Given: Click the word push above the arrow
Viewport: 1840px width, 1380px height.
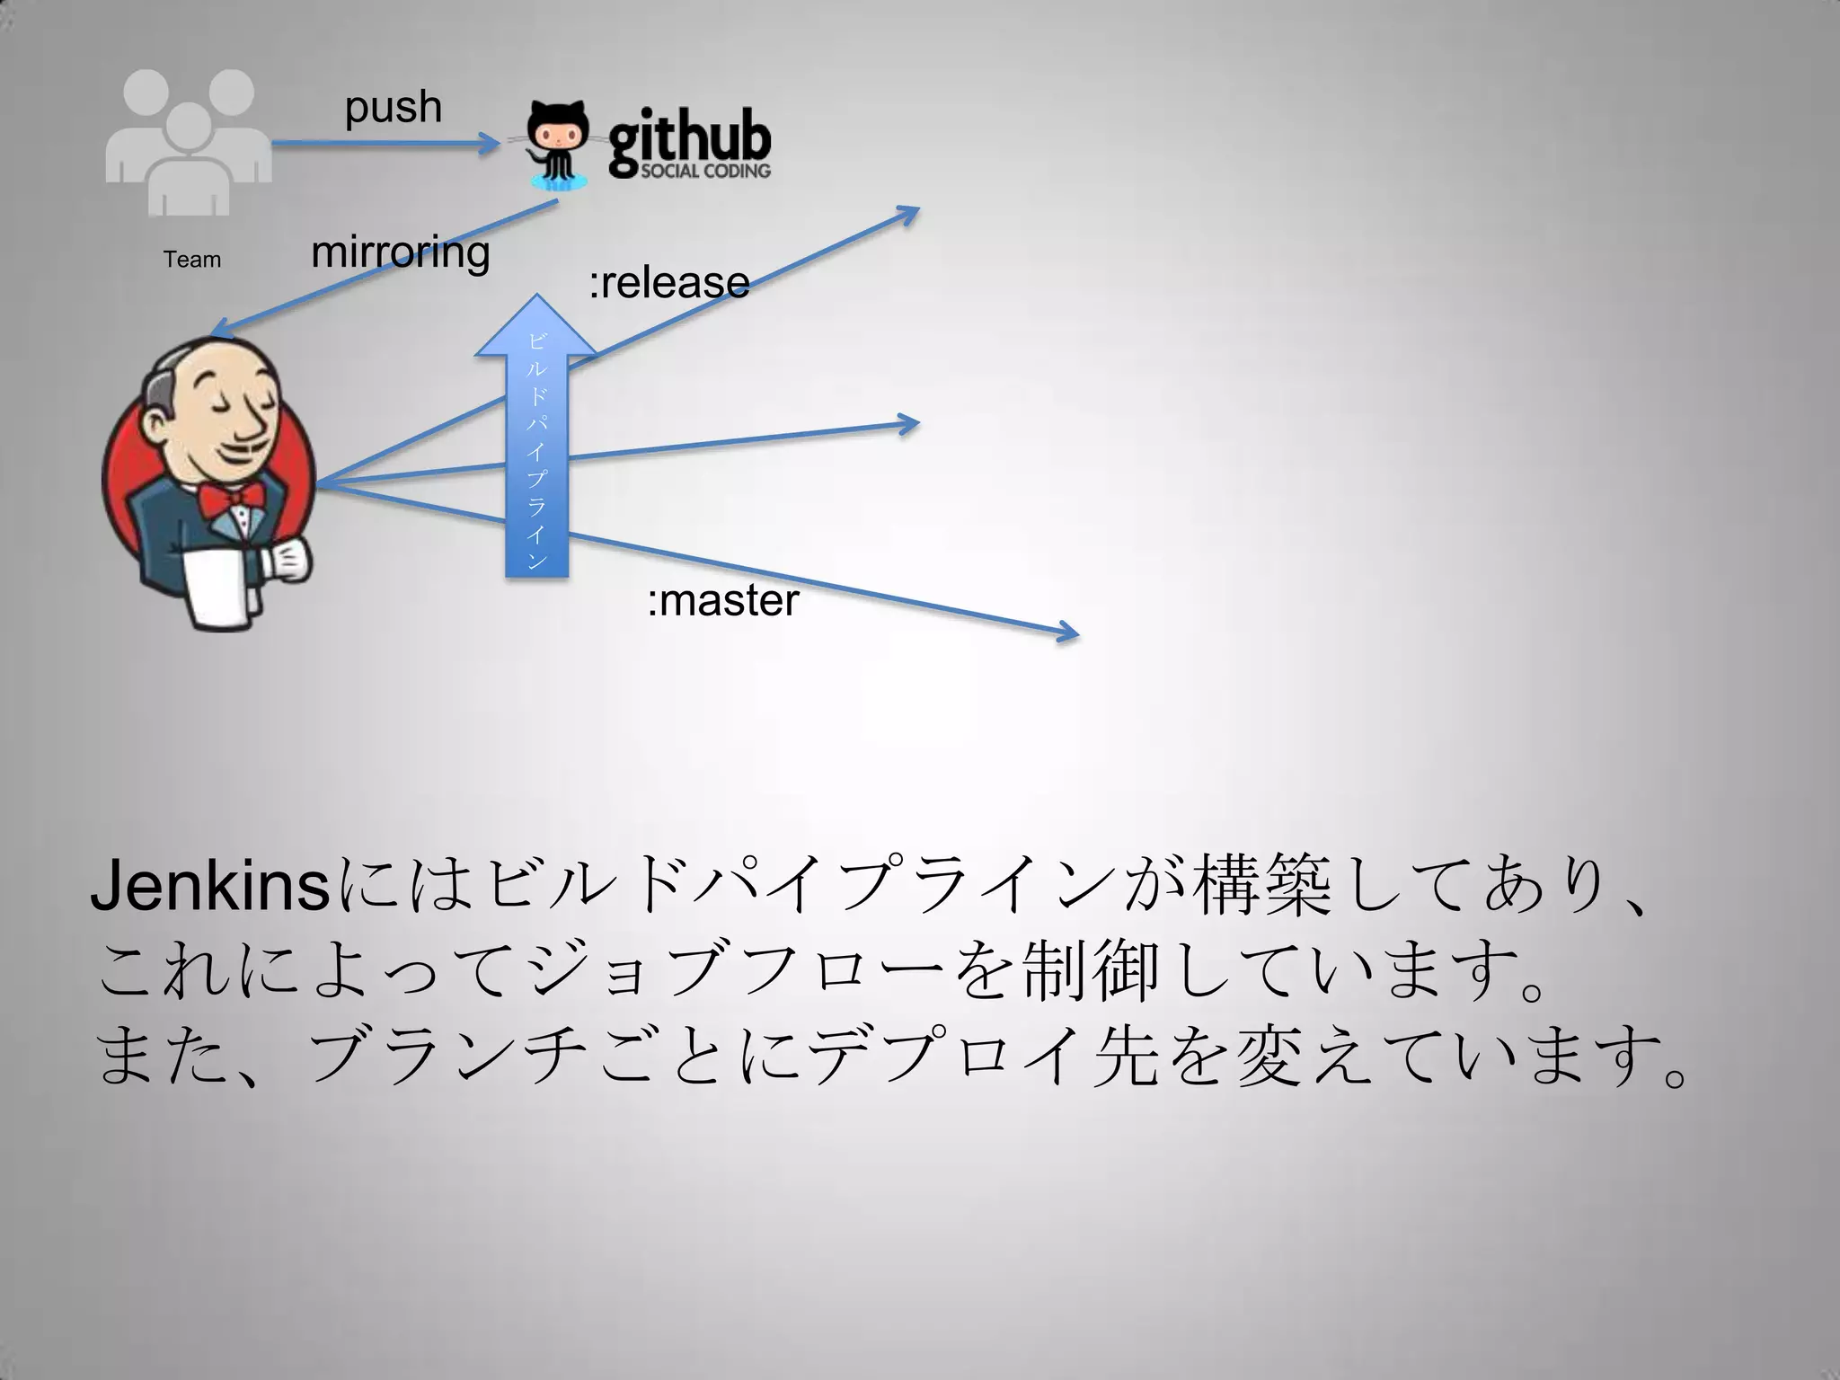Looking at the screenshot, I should (x=394, y=107).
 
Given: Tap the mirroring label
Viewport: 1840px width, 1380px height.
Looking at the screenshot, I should (x=401, y=252).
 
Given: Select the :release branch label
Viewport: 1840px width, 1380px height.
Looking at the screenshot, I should (x=668, y=282).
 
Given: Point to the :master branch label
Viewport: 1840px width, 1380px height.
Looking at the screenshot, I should (x=722, y=600).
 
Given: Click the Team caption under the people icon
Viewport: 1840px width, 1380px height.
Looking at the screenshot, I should (x=192, y=260).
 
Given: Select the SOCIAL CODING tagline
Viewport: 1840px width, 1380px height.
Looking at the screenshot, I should (x=705, y=171).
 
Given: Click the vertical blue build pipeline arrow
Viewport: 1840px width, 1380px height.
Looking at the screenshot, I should (x=536, y=440).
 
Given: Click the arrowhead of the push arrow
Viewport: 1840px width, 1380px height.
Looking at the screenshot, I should (x=491, y=144).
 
